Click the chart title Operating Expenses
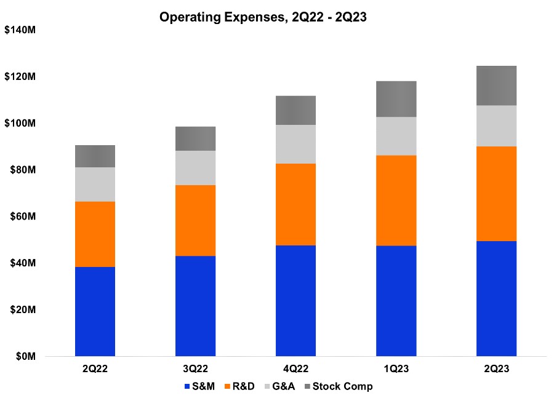(x=263, y=17)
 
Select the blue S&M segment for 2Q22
(x=95, y=311)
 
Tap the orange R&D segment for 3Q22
(x=195, y=220)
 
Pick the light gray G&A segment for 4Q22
(x=295, y=144)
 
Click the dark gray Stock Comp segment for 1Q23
(x=396, y=99)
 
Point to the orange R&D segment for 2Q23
(x=496, y=194)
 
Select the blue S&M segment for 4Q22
(x=295, y=301)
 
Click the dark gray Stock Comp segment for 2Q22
(x=95, y=156)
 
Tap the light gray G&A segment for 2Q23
(x=496, y=126)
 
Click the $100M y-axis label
(x=22, y=123)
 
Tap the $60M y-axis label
(x=24, y=217)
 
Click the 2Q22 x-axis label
(x=95, y=369)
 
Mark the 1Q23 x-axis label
(x=396, y=369)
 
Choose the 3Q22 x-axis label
(x=195, y=369)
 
